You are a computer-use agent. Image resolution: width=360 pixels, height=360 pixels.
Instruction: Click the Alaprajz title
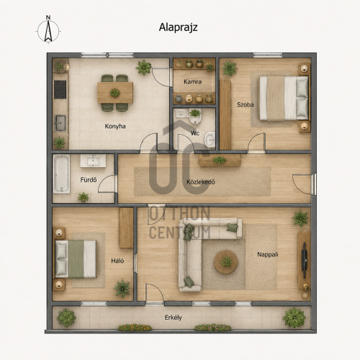(x=178, y=27)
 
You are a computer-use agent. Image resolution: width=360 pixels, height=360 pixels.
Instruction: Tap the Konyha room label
(x=115, y=126)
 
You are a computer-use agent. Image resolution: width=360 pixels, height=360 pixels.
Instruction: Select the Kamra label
(x=193, y=82)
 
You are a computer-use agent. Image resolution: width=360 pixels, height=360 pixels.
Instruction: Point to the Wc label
(x=195, y=133)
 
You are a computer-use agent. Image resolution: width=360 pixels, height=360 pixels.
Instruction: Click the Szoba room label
(x=246, y=104)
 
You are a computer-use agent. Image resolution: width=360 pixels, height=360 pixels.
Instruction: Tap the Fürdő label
(x=89, y=179)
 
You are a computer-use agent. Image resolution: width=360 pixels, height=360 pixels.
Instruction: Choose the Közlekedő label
(x=201, y=182)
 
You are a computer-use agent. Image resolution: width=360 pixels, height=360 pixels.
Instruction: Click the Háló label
(x=117, y=261)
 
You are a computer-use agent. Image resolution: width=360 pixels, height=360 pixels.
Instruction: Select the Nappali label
(x=268, y=254)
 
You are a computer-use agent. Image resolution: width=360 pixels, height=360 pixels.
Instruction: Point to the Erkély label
(x=173, y=318)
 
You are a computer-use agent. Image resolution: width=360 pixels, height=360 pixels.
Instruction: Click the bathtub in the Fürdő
(x=61, y=174)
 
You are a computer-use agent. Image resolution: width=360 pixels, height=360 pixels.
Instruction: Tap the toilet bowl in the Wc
(x=195, y=117)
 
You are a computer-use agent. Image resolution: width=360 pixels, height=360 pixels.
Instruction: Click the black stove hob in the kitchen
(x=60, y=89)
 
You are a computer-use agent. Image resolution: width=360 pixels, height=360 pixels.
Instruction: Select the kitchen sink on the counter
(x=60, y=123)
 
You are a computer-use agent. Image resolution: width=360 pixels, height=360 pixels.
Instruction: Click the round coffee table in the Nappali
(x=226, y=262)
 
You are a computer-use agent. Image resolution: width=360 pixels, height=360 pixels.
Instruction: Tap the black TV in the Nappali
(x=304, y=261)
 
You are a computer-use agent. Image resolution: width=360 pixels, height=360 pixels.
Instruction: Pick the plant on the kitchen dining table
(x=115, y=92)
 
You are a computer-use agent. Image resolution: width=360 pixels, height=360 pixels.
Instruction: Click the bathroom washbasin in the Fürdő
(x=93, y=161)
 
